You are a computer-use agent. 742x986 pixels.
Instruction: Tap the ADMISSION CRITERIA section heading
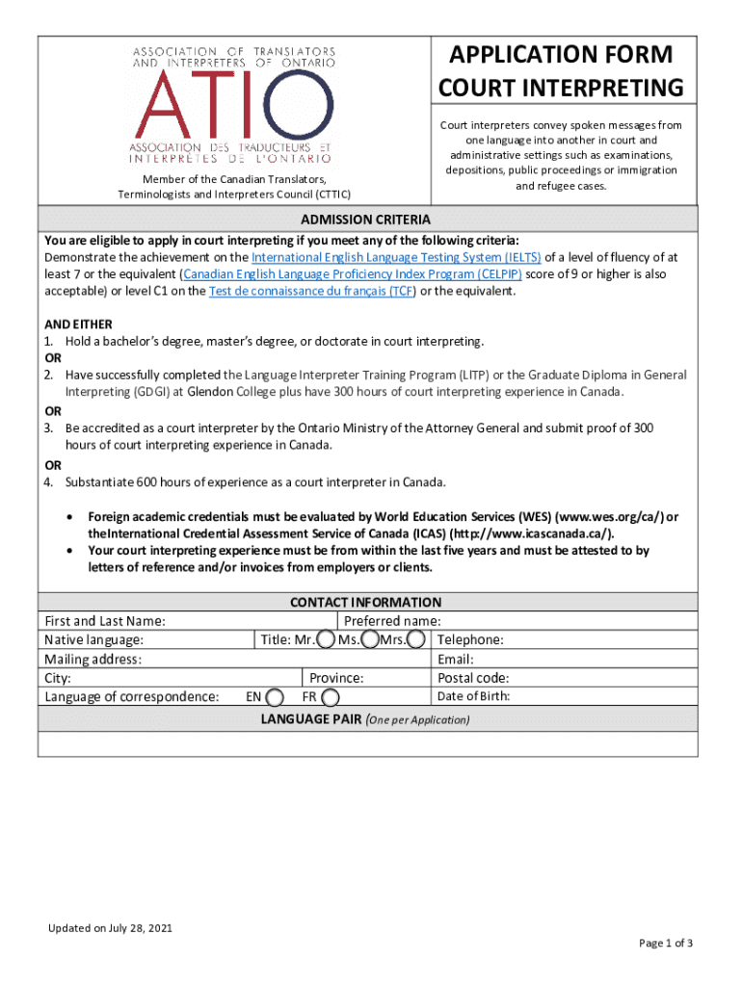[x=365, y=220]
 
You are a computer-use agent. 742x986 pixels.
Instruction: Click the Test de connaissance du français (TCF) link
[x=311, y=291]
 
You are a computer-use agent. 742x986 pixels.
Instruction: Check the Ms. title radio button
[x=369, y=640]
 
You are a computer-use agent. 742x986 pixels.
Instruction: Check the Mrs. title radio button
[x=417, y=640]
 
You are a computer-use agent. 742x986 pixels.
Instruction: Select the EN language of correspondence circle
[x=275, y=697]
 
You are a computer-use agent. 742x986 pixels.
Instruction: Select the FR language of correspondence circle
[x=331, y=697]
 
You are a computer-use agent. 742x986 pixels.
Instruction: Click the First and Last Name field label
[x=105, y=621]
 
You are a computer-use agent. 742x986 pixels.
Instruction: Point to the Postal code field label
[x=473, y=678]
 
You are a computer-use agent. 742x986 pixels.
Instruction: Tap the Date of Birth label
[x=473, y=697]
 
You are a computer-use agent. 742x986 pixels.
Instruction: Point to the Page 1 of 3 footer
[x=666, y=943]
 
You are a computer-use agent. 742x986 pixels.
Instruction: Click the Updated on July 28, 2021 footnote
[x=111, y=928]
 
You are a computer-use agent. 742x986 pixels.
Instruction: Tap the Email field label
[x=456, y=660]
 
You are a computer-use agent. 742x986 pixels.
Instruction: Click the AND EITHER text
[x=78, y=324]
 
